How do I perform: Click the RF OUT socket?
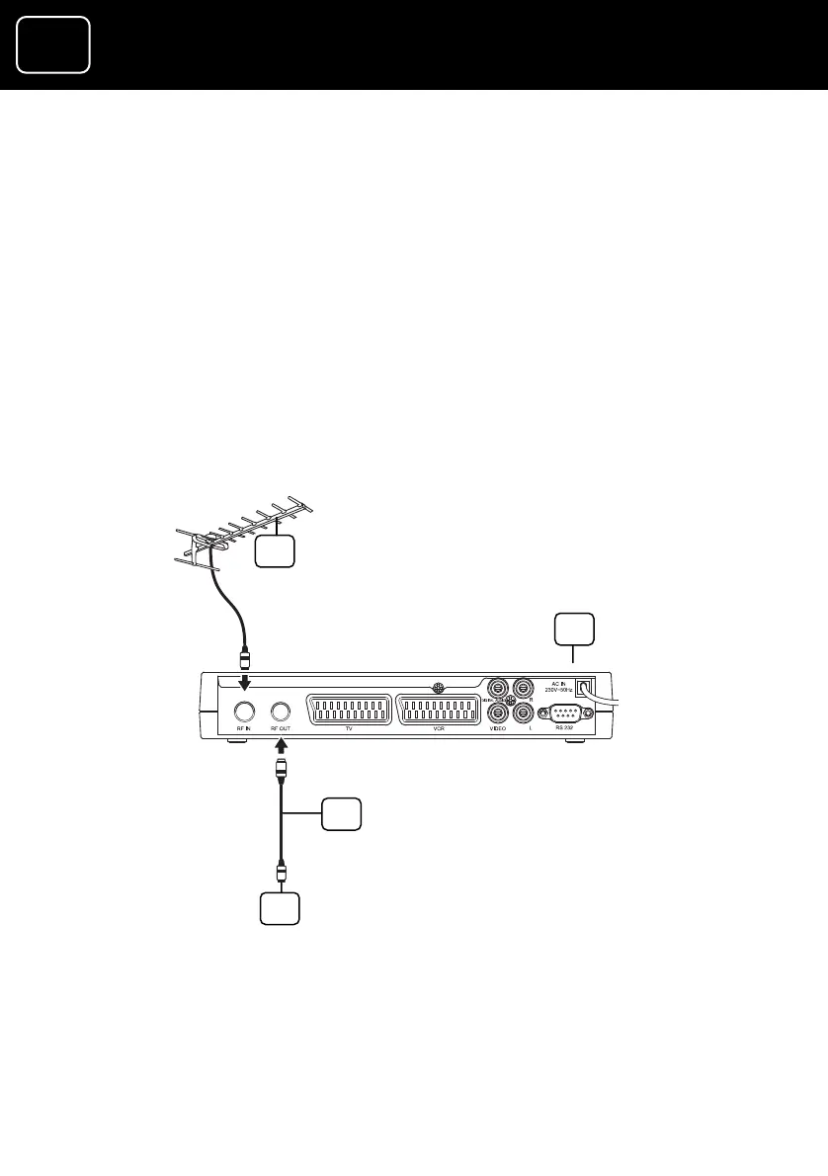(282, 710)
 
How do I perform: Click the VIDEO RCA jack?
(499, 711)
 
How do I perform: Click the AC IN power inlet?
(587, 686)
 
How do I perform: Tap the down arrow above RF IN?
(244, 683)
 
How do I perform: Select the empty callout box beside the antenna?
(275, 551)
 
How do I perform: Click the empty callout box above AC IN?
(574, 629)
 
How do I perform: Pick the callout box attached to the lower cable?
(341, 815)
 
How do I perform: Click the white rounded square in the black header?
(53, 44)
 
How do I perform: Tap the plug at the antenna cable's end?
(243, 658)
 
